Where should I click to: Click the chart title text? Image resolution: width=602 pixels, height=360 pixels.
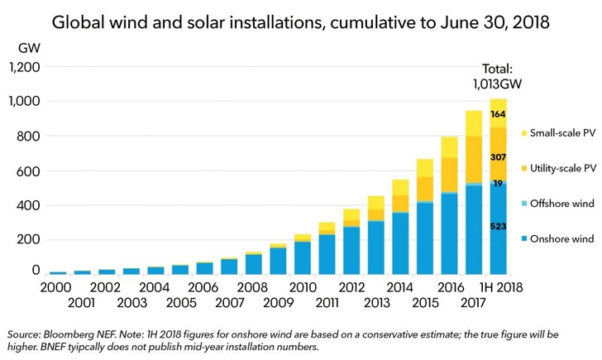[301, 23]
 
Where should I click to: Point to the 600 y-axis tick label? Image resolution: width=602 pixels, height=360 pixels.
[27, 170]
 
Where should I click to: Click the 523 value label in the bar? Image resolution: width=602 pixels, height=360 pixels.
[498, 226]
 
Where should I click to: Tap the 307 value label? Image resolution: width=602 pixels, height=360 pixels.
[498, 157]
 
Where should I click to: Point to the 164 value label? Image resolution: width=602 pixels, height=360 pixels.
[498, 114]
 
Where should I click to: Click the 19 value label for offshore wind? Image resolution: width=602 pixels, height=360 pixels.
[498, 184]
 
